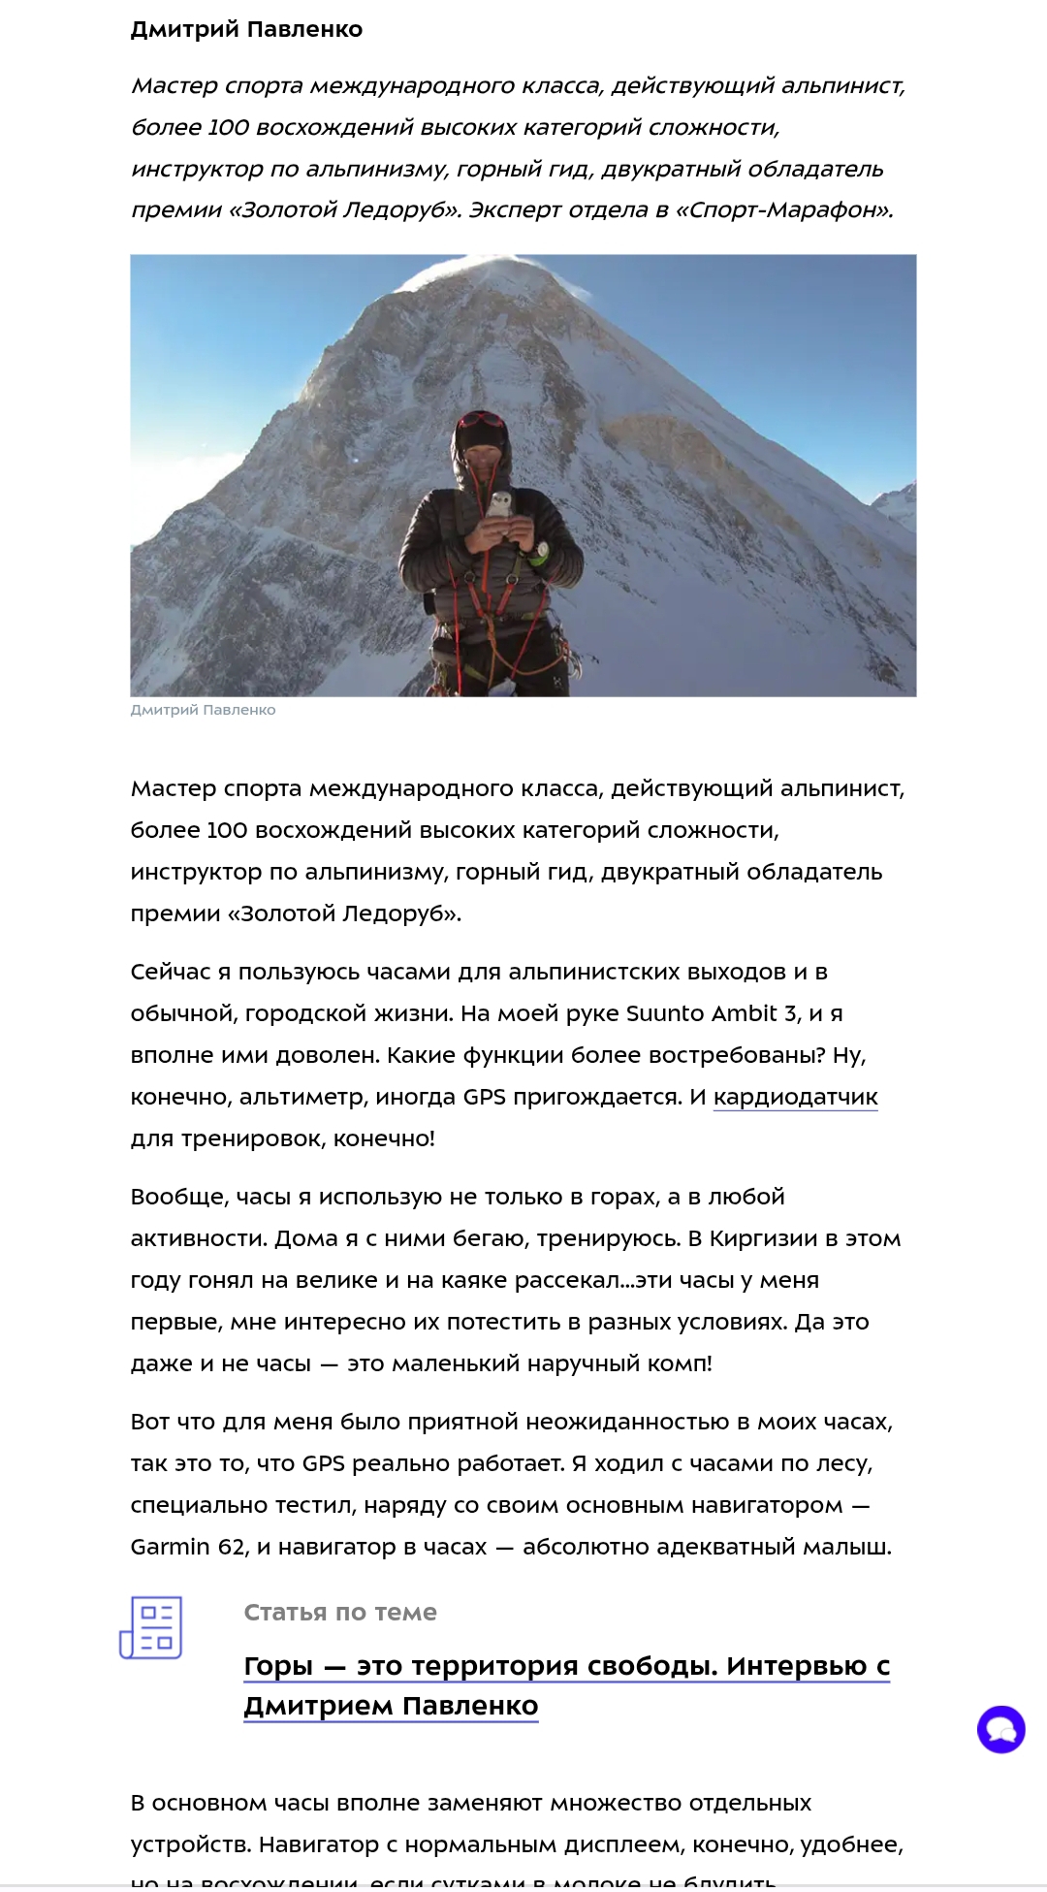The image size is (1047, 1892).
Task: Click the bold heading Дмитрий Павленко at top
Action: (246, 29)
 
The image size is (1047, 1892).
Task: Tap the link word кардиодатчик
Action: (795, 1097)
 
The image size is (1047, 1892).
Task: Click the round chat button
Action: (1000, 1729)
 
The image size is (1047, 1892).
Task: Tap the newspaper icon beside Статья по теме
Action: (151, 1627)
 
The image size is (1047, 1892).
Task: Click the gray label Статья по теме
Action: (340, 1612)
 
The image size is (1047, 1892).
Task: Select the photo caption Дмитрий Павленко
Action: (203, 710)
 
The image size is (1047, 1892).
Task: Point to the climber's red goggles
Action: (482, 420)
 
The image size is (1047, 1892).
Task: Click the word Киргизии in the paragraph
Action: (763, 1238)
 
